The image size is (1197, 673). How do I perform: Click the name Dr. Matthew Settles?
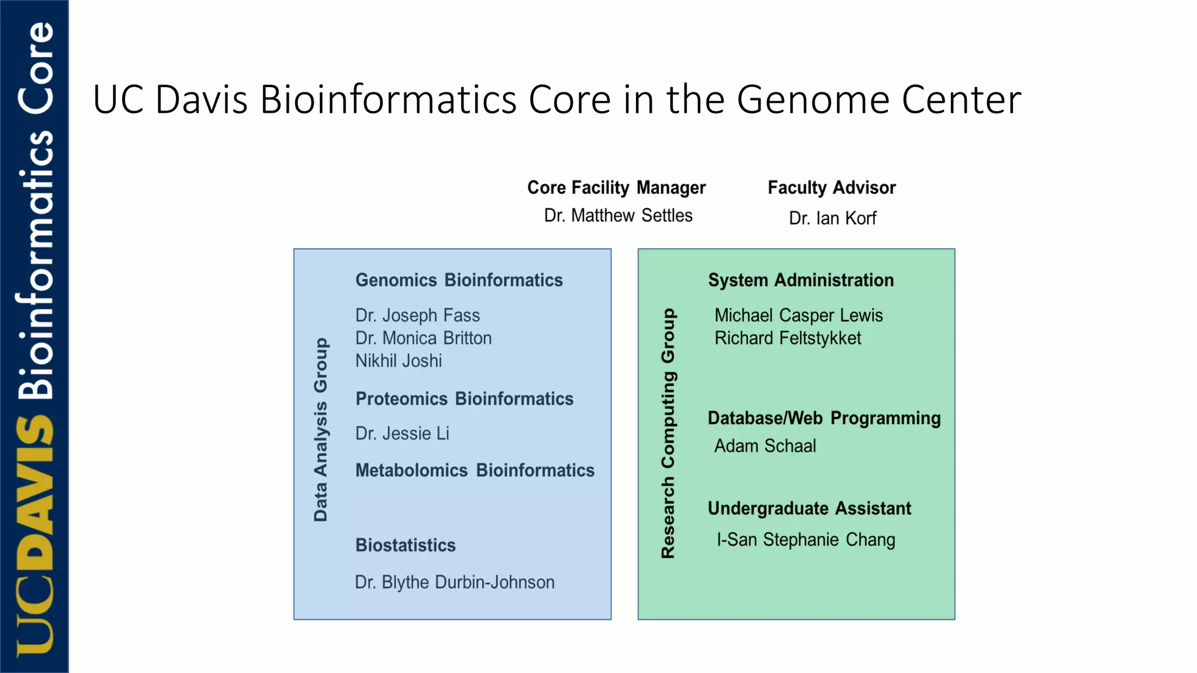(618, 216)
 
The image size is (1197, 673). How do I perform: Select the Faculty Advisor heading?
(831, 188)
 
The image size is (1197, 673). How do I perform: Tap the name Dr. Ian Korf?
(832, 218)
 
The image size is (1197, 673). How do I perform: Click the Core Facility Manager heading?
(616, 188)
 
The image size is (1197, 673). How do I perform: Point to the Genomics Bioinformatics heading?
(459, 280)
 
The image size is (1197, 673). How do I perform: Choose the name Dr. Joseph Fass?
(417, 315)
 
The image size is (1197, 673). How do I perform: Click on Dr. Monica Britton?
(423, 338)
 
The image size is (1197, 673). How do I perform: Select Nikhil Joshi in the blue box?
(398, 361)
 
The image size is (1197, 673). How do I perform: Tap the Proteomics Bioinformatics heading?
(464, 399)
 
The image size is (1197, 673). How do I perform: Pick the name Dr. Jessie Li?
(402, 433)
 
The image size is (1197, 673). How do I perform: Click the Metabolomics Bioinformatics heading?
(475, 470)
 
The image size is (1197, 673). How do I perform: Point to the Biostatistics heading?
(405, 545)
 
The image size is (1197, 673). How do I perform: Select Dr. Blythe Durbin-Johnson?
(454, 582)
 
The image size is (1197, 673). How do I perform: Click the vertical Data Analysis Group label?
(320, 429)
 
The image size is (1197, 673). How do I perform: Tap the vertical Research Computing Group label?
(668, 433)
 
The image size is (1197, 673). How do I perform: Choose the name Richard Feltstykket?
(787, 338)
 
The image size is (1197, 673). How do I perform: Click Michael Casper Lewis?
(798, 315)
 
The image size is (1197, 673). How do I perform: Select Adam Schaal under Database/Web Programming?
(764, 446)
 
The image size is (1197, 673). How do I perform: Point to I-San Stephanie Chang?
(805, 540)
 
